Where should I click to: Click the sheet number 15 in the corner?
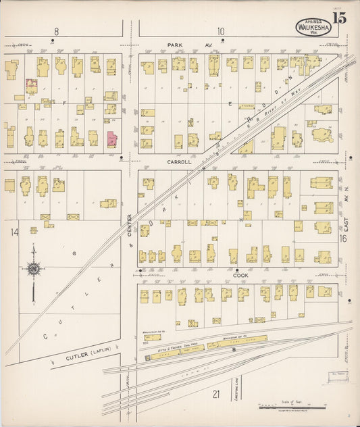pyautogui.click(x=339, y=18)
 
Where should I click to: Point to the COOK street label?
pyautogui.click(x=242, y=275)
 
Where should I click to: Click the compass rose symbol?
pyautogui.click(x=32, y=269)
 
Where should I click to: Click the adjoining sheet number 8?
pyautogui.click(x=57, y=31)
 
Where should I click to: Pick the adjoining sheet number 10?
pyautogui.click(x=221, y=31)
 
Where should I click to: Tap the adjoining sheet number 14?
pyautogui.click(x=14, y=232)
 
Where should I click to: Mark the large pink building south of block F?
pyautogui.click(x=111, y=139)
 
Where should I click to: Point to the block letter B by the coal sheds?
pyautogui.click(x=234, y=350)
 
